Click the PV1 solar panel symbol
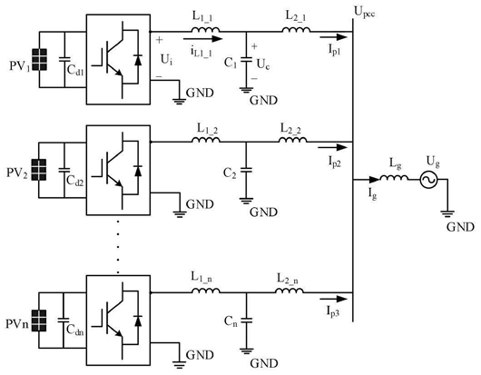pyautogui.click(x=39, y=60)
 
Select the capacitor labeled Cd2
pyautogui.click(x=64, y=170)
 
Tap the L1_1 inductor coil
pyautogui.click(x=205, y=29)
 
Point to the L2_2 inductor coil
pyautogui.click(x=292, y=140)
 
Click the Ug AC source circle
pyautogui.click(x=428, y=180)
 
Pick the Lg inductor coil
pyautogui.click(x=394, y=177)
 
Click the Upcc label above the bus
pyautogui.click(x=365, y=13)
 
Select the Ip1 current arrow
pyautogui.click(x=333, y=37)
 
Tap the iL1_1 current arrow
pyautogui.click(x=202, y=39)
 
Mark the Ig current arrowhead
pyautogui.click(x=374, y=180)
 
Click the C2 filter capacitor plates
pyautogui.click(x=246, y=170)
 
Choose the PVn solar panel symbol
pyautogui.click(x=39, y=321)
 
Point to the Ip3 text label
pyautogui.click(x=333, y=311)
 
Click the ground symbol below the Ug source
pyautogui.click(x=447, y=213)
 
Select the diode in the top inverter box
pyautogui.click(x=138, y=59)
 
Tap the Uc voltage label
pyautogui.click(x=263, y=64)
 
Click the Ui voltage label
pyautogui.click(x=167, y=60)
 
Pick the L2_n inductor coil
pyautogui.click(x=290, y=291)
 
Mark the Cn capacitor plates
pyautogui.click(x=246, y=321)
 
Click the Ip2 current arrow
pyautogui.click(x=332, y=148)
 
